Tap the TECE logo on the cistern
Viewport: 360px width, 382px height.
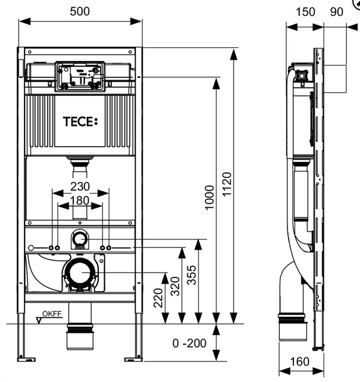pos(81,123)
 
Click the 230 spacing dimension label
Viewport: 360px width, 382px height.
pos(80,187)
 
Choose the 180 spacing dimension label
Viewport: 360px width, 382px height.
pos(80,201)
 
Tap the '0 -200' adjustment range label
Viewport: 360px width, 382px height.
pos(190,343)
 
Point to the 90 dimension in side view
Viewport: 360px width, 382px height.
pos(337,12)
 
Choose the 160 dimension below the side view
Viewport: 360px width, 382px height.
pos(299,362)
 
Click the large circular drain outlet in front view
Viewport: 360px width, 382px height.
pos(78,273)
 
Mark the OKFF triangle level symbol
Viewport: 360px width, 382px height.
pos(40,319)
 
